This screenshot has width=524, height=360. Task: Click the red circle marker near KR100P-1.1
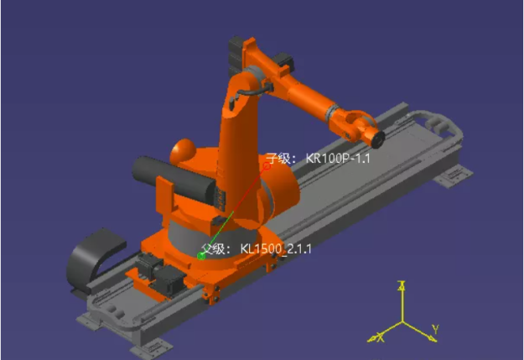[x=267, y=165]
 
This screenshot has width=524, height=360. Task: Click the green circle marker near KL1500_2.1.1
[x=201, y=256]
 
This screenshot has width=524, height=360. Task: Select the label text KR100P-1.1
[x=338, y=158]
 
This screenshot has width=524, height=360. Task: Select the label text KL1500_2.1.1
[x=276, y=249]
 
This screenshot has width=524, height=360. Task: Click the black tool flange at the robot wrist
[x=378, y=139]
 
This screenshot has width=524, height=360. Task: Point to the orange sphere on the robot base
[x=183, y=151]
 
